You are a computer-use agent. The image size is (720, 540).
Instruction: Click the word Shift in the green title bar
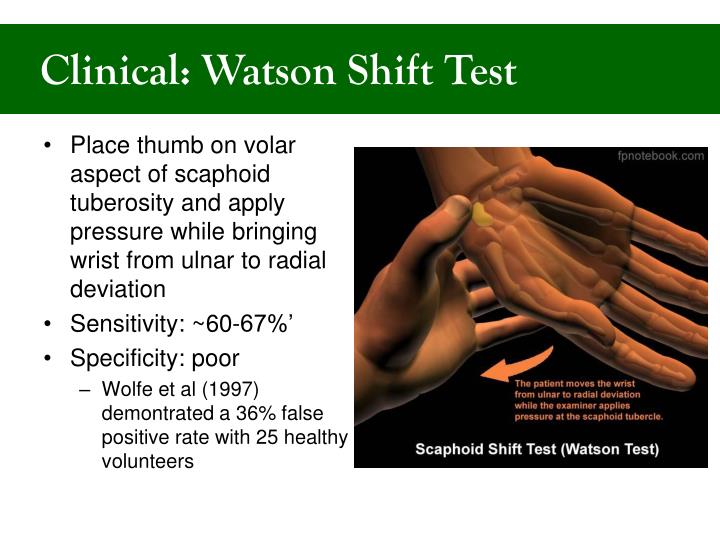click(x=381, y=72)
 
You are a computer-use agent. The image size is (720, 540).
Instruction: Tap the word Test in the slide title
click(x=474, y=72)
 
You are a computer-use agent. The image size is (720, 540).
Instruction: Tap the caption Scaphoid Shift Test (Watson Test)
click(x=537, y=449)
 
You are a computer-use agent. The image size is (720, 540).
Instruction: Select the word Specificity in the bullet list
click(x=126, y=357)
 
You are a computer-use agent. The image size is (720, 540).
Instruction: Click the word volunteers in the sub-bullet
click(x=147, y=461)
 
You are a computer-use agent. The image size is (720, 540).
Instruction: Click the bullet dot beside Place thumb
click(x=50, y=146)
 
